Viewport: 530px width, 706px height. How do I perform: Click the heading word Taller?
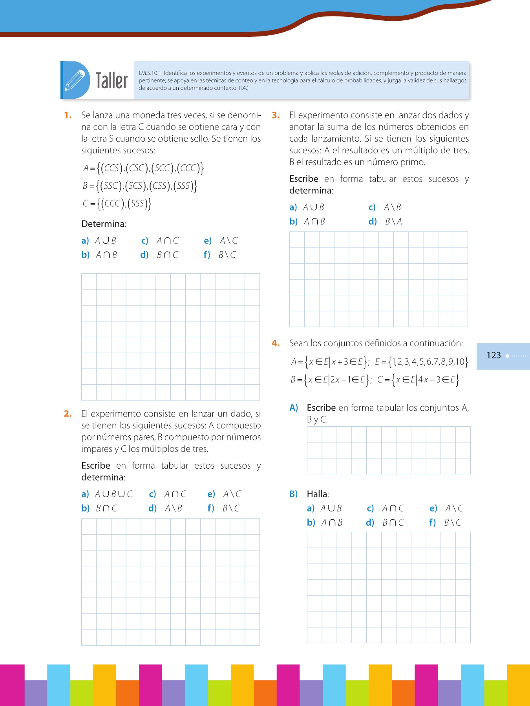tap(112, 81)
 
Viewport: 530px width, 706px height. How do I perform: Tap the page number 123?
tap(493, 355)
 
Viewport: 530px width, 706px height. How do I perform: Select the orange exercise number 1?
tap(68, 115)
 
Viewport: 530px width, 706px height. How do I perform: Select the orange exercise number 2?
tap(68, 414)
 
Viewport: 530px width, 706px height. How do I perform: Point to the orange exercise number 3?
tap(276, 115)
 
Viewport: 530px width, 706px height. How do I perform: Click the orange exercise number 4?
tap(276, 343)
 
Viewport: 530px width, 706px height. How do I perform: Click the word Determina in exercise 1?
tap(103, 224)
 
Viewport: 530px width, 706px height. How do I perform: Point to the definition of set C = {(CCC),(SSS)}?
tap(117, 203)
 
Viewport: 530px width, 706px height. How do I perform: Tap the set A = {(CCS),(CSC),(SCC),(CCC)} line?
tap(143, 168)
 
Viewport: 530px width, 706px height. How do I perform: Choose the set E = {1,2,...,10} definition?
tap(421, 362)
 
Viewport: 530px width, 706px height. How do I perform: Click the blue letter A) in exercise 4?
tap(294, 408)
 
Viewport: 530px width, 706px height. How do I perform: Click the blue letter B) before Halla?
tap(294, 494)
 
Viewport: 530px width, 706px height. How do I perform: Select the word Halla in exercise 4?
tap(318, 494)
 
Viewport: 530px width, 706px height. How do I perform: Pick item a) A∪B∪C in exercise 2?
tap(107, 494)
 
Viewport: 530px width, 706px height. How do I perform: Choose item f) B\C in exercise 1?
tap(220, 255)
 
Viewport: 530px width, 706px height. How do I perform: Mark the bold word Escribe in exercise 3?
tap(303, 179)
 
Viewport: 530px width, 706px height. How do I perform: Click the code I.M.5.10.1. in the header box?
tap(150, 73)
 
